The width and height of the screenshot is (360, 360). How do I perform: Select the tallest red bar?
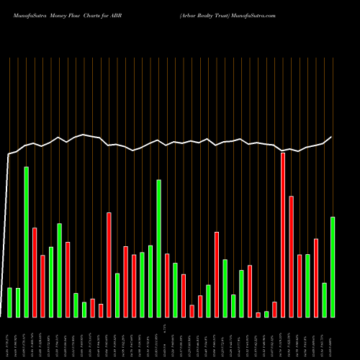283,235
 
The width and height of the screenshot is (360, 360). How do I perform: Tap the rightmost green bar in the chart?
333,266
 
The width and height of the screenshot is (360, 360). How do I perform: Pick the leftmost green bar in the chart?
9,302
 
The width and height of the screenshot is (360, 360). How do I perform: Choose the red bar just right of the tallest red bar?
292,256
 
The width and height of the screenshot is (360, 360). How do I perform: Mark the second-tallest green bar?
159,248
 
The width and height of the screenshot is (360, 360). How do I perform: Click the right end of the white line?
332,137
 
